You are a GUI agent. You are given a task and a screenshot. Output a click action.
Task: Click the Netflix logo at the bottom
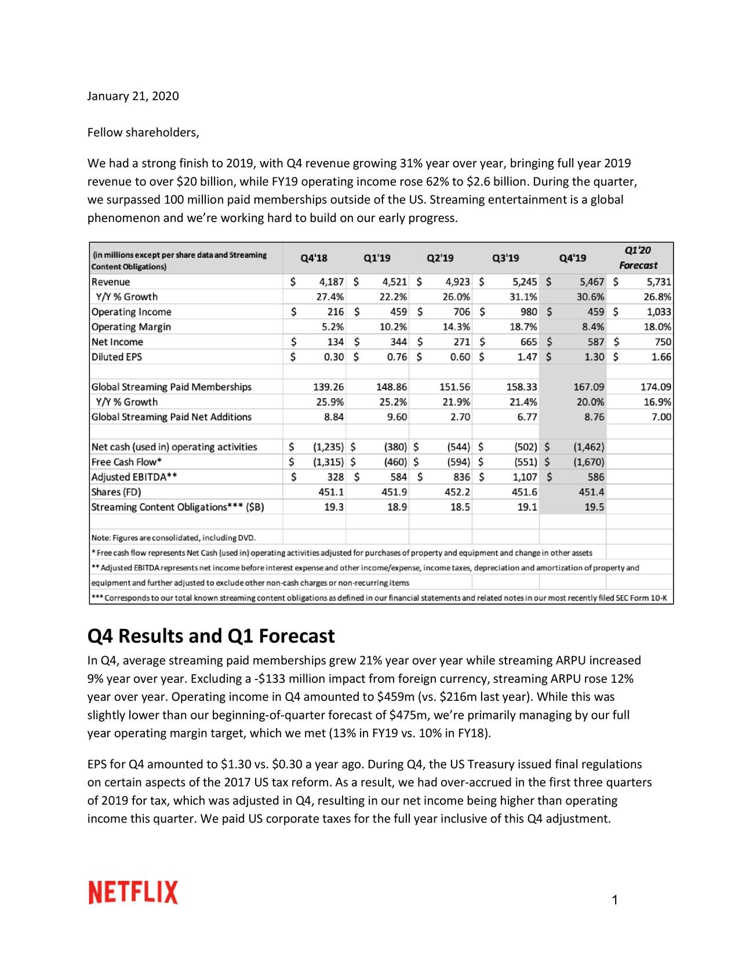[133, 892]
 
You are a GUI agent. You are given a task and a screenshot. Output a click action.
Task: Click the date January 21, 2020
[133, 96]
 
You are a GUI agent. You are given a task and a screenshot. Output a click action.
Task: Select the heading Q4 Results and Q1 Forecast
[211, 636]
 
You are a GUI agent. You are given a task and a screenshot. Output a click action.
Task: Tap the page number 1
[615, 900]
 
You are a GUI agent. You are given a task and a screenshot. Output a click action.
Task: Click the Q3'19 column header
[505, 258]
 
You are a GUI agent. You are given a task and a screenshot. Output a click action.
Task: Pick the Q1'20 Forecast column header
[638, 258]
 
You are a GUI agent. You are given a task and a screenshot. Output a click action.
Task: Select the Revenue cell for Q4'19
[592, 282]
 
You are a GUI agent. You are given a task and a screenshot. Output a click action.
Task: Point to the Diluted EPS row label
[117, 357]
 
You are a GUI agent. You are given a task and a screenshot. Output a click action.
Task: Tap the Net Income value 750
[662, 342]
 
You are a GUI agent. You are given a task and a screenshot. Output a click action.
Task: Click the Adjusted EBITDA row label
[134, 477]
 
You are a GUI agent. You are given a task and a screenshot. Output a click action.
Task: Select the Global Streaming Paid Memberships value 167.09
[588, 387]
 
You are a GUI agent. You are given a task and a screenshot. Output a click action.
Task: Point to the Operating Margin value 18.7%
[523, 327]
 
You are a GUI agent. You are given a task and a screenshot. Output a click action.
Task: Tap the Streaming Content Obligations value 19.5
[594, 507]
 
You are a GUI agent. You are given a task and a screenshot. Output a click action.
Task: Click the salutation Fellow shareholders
[143, 133]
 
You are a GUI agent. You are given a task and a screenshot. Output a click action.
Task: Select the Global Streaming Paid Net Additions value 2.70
[460, 417]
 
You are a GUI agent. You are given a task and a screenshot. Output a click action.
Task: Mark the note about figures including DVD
[173, 538]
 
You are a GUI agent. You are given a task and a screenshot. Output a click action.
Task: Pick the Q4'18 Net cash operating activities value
[328, 447]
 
